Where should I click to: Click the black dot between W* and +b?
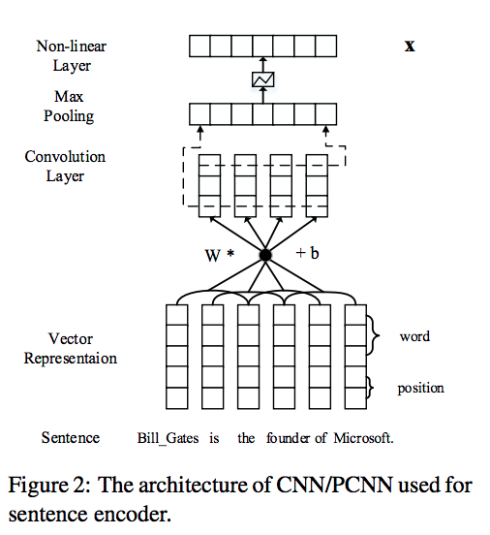click(265, 255)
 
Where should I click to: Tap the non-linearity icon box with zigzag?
click(262, 79)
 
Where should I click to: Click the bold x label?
click(410, 47)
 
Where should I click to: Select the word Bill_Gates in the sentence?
click(168, 438)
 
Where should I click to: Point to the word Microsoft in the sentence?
click(363, 438)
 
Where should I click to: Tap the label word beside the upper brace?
click(414, 336)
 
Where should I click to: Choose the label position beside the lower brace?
click(421, 389)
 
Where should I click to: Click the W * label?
click(219, 255)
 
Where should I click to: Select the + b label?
click(307, 253)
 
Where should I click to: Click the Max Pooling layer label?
click(69, 107)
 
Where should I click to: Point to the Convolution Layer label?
click(65, 167)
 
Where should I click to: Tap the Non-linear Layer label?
click(72, 56)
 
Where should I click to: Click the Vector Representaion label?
click(71, 349)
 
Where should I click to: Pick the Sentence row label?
click(71, 438)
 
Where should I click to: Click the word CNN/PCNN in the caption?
click(334, 485)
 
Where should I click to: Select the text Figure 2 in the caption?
click(49, 485)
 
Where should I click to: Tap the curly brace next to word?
click(373, 335)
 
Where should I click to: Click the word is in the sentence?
click(214, 438)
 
